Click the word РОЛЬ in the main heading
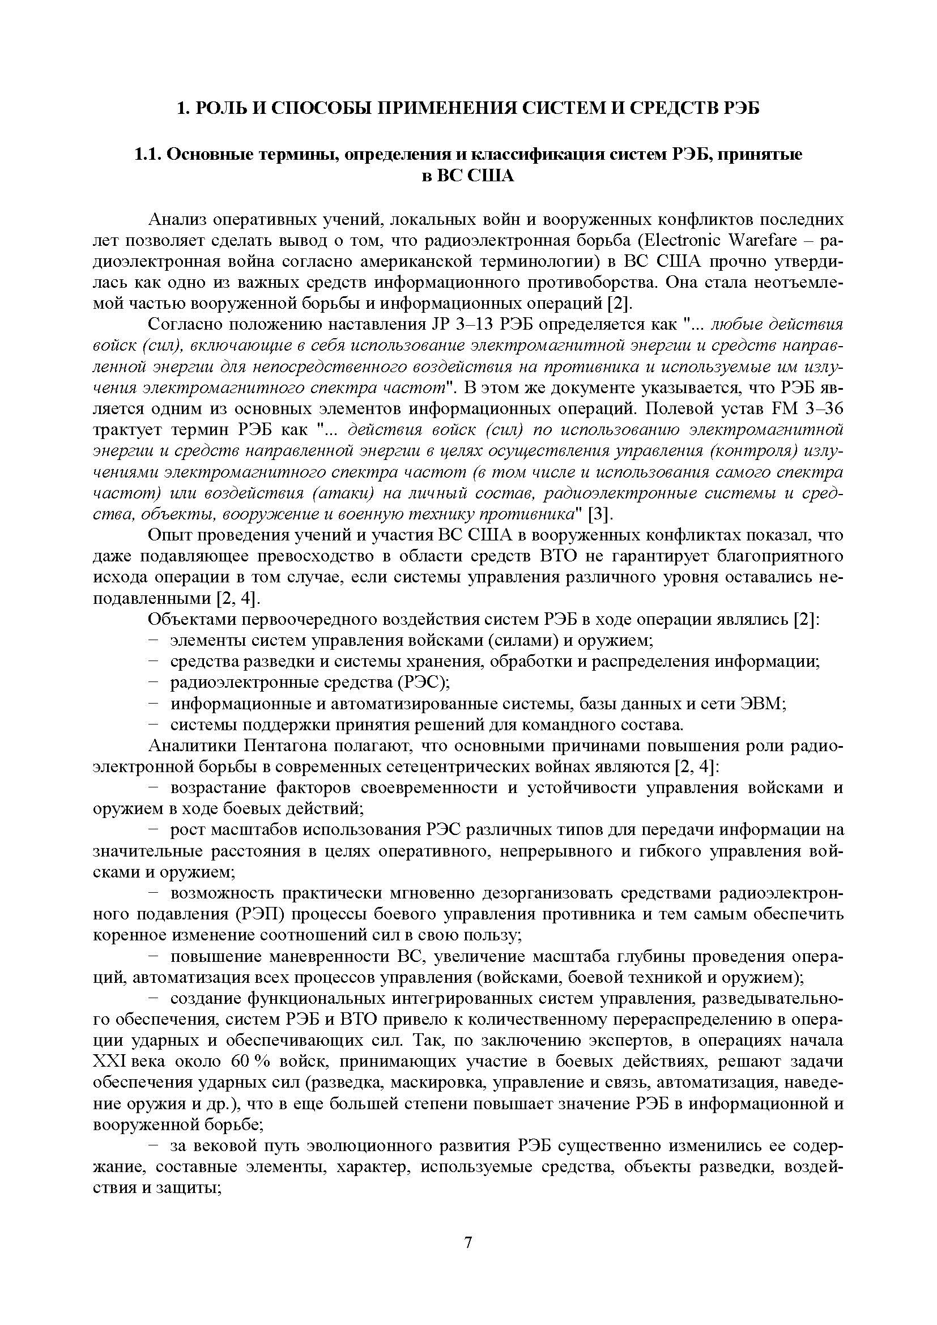[x=222, y=108]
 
